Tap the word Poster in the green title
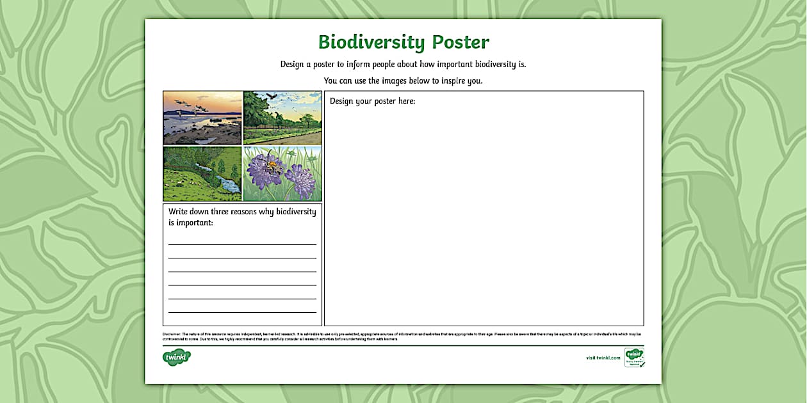(461, 42)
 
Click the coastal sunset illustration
(202, 118)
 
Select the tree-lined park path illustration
(282, 118)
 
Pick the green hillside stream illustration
(202, 174)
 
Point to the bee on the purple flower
(272, 166)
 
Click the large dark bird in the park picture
(274, 96)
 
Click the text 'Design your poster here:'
(372, 101)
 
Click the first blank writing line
(242, 244)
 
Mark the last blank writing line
(242, 312)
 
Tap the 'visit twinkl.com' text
(603, 358)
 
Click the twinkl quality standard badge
(634, 357)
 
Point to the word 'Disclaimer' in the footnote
(172, 334)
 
